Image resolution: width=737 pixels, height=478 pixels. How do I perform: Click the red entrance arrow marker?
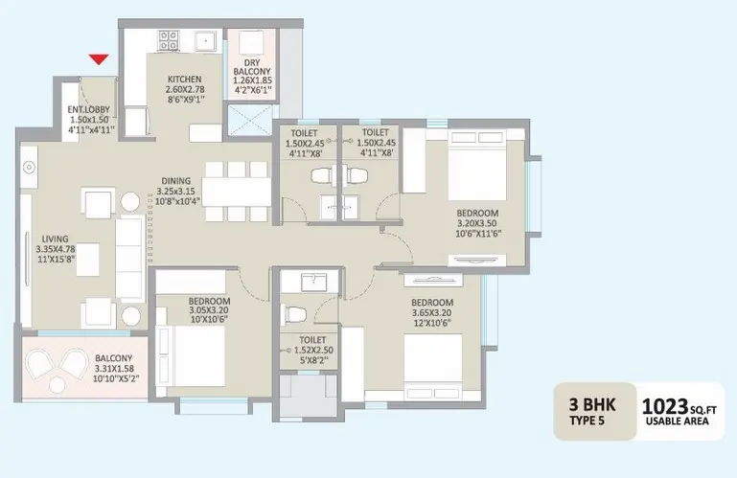(99, 59)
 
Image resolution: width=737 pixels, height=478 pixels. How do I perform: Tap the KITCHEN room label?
(185, 79)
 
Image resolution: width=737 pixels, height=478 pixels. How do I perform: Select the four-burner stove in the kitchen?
(169, 40)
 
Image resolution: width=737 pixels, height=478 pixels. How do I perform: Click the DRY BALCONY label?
(252, 67)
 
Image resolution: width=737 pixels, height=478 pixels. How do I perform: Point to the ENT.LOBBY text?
(89, 109)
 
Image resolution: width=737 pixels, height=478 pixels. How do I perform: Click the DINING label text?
(176, 180)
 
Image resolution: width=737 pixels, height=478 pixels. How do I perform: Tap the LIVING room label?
(55, 239)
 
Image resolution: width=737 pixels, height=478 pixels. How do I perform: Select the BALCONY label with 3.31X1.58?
(113, 357)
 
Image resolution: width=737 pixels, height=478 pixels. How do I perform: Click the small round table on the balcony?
(58, 385)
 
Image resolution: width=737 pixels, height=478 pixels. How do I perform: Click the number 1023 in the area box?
(661, 406)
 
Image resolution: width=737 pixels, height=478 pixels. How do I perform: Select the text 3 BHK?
(591, 404)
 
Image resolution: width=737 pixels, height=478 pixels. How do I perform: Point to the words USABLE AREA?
(677, 421)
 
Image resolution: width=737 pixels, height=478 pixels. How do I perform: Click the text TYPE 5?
(587, 421)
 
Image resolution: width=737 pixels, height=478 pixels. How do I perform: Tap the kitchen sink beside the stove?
(205, 41)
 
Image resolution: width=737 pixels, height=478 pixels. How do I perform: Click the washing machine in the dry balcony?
(250, 43)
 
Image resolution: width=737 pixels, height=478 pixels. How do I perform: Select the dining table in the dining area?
(237, 192)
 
